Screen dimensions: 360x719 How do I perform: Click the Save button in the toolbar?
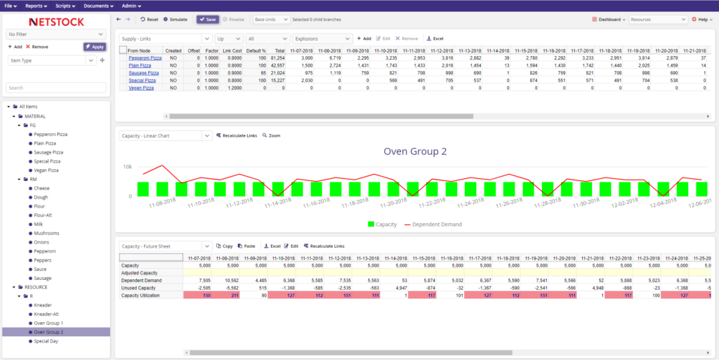tap(206, 20)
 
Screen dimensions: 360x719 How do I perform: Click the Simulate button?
tap(176, 20)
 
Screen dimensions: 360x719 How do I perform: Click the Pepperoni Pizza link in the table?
tap(145, 58)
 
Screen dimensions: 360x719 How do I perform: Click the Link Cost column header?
tap(232, 51)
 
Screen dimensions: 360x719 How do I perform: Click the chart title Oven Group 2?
tap(415, 151)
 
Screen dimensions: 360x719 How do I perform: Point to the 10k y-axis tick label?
tap(127, 167)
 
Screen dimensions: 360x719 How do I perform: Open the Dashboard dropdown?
tap(609, 20)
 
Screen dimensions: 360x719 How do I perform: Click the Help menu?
tap(702, 20)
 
